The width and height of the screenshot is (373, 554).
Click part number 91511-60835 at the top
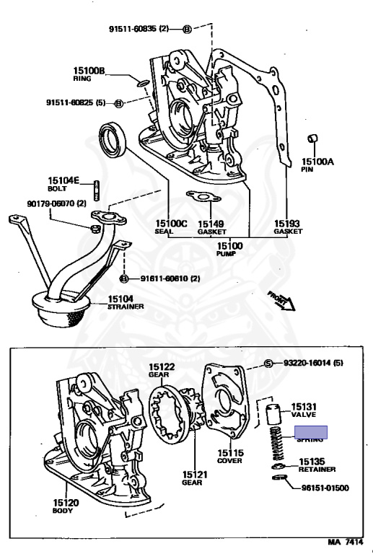coord(137,29)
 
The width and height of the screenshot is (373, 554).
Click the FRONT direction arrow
coord(281,299)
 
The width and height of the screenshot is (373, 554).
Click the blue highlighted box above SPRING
coord(310,433)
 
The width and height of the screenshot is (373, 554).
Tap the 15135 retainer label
coord(312,462)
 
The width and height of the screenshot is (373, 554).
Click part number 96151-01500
coord(325,488)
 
